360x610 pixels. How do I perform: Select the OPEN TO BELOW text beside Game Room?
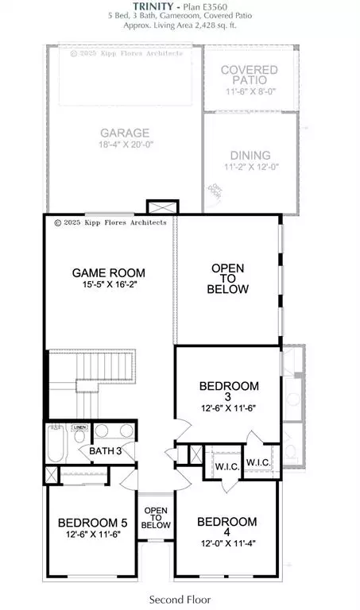[228, 279]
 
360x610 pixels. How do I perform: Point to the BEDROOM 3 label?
[229, 387]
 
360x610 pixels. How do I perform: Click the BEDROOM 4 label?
[226, 522]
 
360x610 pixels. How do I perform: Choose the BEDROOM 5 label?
[92, 523]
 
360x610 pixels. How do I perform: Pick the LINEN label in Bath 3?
[79, 428]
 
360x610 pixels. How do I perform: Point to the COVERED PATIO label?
[249, 76]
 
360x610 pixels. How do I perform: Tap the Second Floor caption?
[180, 599]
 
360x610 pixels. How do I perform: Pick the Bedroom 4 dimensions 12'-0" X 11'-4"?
[226, 534]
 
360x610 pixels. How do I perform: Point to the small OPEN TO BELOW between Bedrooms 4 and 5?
[157, 518]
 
